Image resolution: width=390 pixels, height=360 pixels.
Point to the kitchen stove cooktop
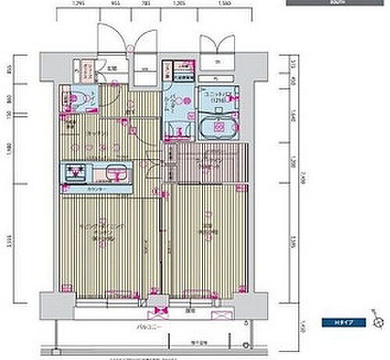[x=76, y=172]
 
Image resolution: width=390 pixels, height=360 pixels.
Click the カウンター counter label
[x=97, y=189]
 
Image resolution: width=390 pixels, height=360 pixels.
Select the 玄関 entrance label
[x=112, y=67]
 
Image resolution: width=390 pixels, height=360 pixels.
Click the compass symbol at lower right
[x=378, y=321]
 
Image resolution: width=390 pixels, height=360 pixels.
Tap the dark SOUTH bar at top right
[x=337, y=3]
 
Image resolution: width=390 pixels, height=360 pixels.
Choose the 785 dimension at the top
[x=146, y=4]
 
